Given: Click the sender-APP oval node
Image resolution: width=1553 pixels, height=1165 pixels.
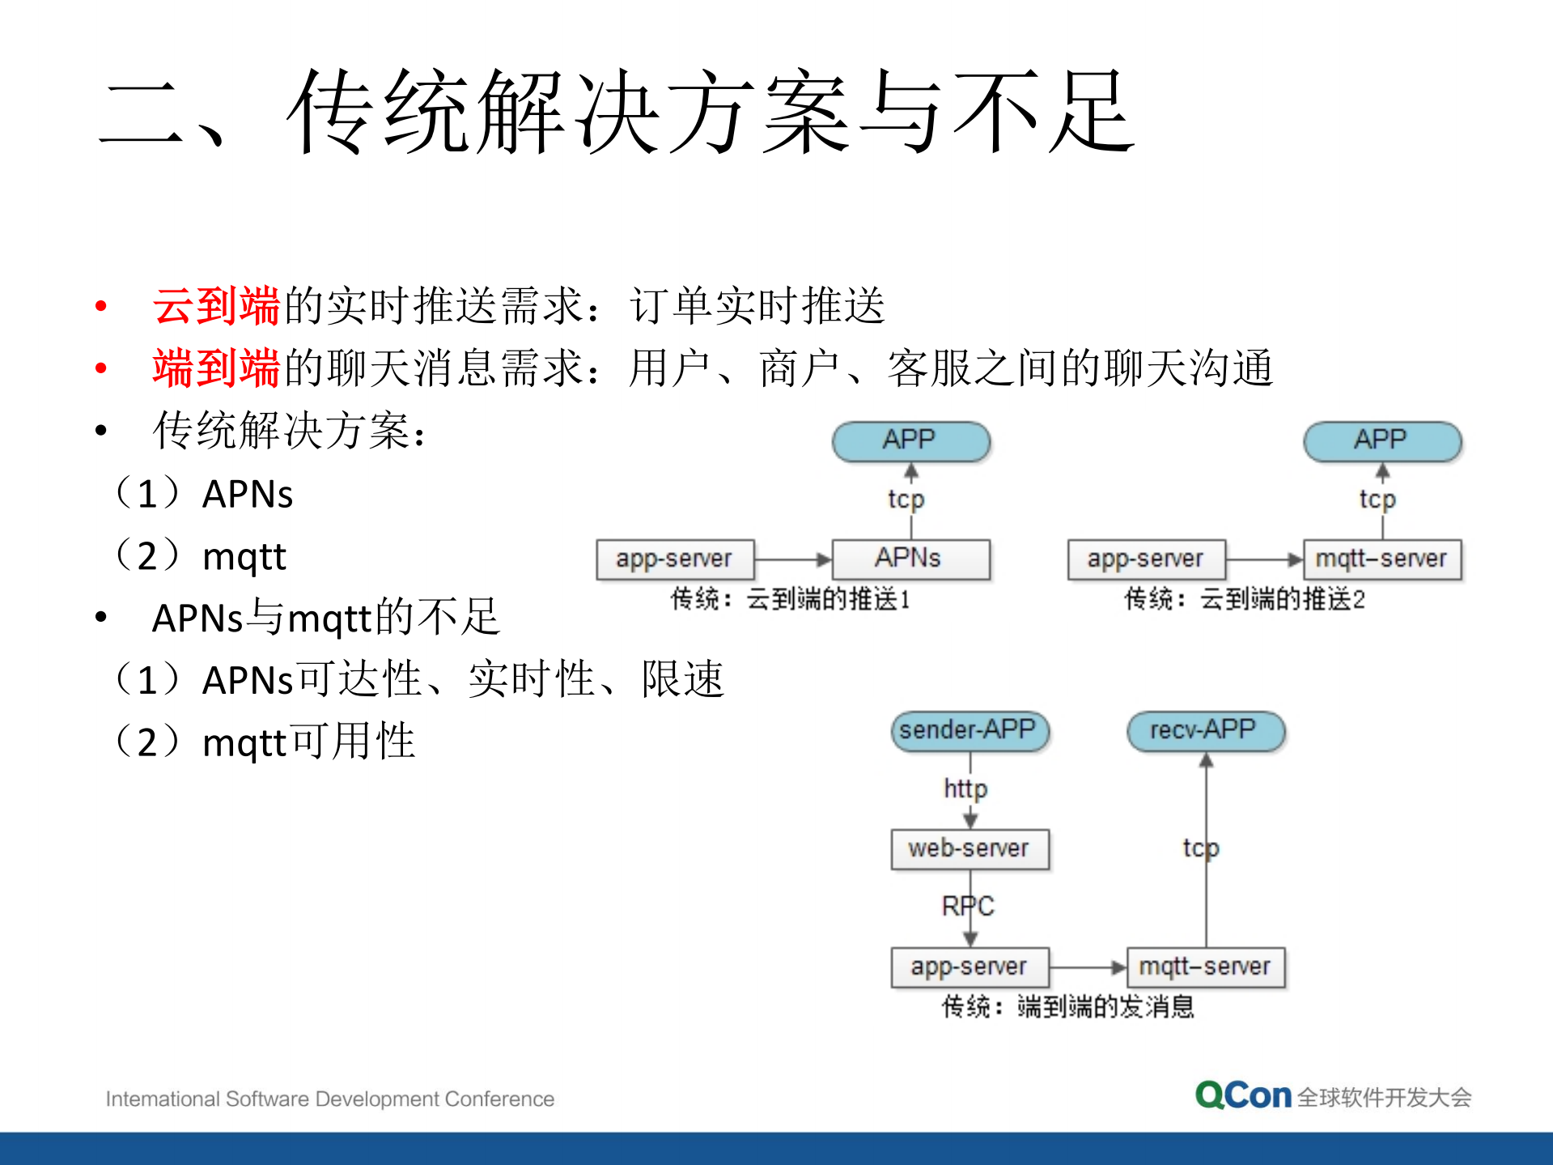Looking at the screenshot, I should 970,731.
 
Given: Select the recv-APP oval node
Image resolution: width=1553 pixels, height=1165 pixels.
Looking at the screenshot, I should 1205,731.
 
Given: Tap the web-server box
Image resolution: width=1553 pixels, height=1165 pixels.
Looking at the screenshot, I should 970,849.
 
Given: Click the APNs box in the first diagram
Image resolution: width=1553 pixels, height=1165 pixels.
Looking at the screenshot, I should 910,559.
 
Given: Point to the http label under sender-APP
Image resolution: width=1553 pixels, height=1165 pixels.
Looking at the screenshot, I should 965,789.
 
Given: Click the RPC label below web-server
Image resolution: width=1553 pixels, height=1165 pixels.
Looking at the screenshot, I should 968,906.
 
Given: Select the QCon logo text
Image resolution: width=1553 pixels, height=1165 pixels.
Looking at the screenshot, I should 1244,1096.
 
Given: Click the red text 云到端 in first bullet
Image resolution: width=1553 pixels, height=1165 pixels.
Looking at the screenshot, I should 216,306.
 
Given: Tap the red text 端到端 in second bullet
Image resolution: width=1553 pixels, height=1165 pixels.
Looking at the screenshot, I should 216,368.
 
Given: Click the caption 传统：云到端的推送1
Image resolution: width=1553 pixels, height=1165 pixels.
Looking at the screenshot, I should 791,600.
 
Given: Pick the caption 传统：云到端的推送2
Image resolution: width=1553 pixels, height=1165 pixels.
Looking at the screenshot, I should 1245,600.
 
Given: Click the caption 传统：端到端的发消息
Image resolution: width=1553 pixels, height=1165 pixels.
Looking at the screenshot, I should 1068,1007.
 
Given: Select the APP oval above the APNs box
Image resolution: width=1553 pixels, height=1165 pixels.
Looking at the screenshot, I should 910,441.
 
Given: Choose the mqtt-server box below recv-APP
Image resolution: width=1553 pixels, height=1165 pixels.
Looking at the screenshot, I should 1205,967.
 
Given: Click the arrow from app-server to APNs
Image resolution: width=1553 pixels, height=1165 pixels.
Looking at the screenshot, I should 793,559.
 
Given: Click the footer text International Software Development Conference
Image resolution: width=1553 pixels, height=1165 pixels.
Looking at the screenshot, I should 330,1099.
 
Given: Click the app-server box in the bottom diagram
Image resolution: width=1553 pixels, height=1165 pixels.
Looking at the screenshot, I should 970,967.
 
